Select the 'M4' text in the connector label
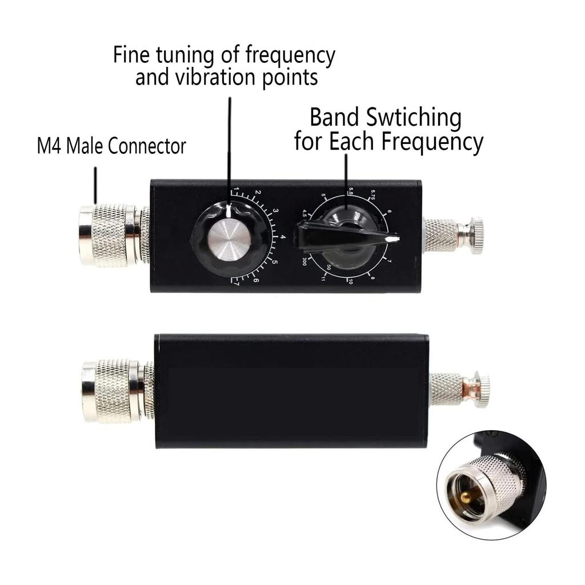tap(50, 146)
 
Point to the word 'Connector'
tap(147, 146)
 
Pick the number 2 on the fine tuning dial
tap(258, 193)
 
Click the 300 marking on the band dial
tap(304, 262)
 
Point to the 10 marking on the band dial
tap(350, 281)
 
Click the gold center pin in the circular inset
tap(464, 496)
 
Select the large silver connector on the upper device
tap(109, 236)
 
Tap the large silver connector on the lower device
tap(111, 391)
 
